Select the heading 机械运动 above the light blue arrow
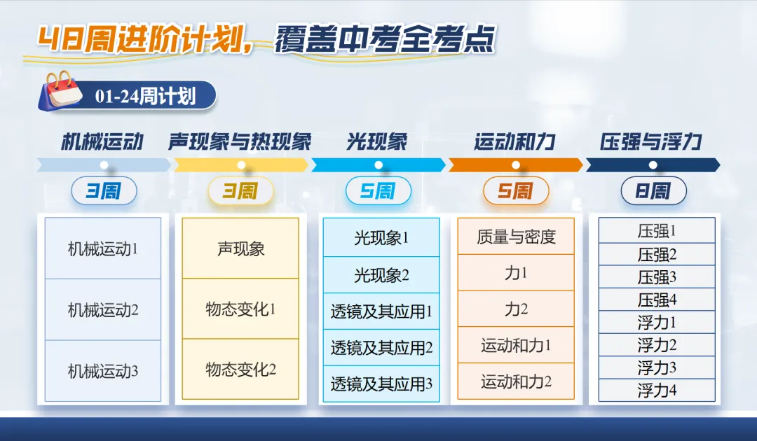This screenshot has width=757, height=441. [x=102, y=142]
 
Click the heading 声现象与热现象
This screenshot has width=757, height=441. [x=240, y=142]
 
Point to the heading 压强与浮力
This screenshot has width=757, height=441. [x=651, y=142]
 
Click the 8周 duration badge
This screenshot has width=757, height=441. [x=653, y=190]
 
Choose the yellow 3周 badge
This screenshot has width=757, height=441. [x=240, y=190]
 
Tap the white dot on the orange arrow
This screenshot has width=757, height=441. [x=515, y=165]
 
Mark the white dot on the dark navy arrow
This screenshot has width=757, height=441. [x=653, y=165]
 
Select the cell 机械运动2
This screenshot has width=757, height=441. [x=103, y=309]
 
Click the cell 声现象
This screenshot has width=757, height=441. [x=240, y=248]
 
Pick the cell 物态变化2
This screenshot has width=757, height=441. [x=240, y=370]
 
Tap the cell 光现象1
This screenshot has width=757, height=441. [x=381, y=238]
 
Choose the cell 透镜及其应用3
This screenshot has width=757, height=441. [x=381, y=384]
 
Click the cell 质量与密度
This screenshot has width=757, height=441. [x=516, y=237]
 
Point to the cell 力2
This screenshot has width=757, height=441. [x=516, y=309]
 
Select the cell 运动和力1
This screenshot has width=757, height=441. [x=516, y=345]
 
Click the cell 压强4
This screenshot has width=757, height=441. [x=657, y=300]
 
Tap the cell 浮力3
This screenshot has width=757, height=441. [x=657, y=367]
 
